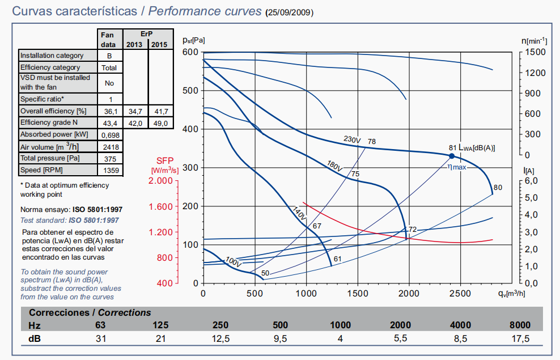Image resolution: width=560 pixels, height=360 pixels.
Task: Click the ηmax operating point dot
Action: [452, 156]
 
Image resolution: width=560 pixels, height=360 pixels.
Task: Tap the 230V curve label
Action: [352, 140]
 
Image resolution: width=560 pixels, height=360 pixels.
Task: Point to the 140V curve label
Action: [299, 214]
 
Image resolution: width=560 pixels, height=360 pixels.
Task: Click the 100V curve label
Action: [233, 262]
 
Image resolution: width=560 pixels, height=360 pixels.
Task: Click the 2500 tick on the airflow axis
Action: [460, 294]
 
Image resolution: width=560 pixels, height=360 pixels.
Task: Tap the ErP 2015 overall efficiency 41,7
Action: [160, 111]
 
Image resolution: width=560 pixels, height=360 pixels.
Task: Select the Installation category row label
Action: [52, 56]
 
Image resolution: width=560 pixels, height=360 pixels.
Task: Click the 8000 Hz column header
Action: [520, 325]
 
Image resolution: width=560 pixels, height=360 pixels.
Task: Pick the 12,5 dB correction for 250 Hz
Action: [220, 339]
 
